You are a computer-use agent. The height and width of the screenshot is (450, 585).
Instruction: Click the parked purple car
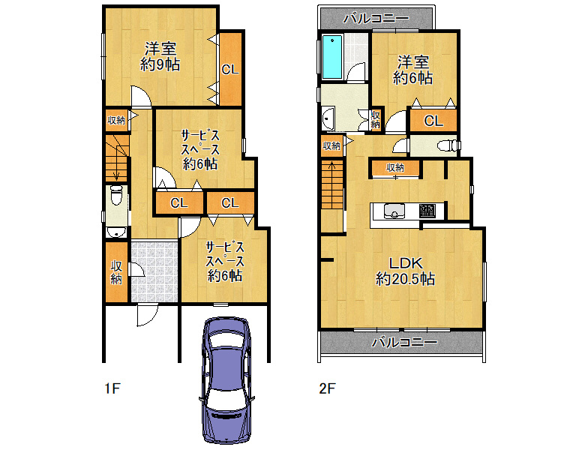tap(226, 380)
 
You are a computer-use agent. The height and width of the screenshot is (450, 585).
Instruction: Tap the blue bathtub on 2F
tap(331, 57)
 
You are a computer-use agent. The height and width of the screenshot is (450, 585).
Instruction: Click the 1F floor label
tap(112, 388)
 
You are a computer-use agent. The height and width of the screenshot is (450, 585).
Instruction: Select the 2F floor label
tap(327, 388)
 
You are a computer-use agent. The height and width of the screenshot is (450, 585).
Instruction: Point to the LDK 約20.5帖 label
tap(405, 271)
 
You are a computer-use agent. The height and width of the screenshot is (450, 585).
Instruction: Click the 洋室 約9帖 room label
tap(160, 57)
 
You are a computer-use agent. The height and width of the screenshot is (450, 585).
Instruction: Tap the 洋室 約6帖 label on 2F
tap(412, 70)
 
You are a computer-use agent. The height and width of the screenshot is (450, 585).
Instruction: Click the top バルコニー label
tap(376, 18)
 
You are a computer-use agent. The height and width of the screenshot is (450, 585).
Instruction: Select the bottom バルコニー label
tap(404, 342)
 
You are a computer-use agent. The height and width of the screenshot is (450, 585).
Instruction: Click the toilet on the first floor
tap(116, 195)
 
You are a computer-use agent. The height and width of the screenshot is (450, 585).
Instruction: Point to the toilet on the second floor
tap(447, 145)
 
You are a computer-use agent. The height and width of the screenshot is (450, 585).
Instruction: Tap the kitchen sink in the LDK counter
tap(394, 211)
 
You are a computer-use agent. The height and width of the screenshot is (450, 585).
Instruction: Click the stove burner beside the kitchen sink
tap(427, 211)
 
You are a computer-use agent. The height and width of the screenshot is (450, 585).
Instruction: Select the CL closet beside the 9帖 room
tap(230, 69)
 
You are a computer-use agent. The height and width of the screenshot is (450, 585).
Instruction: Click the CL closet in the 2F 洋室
tap(433, 121)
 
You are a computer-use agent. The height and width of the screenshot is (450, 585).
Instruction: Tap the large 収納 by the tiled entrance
tap(116, 272)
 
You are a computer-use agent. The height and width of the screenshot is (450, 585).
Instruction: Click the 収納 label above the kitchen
tap(395, 168)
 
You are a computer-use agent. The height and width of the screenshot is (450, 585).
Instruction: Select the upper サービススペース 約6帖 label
tap(200, 149)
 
